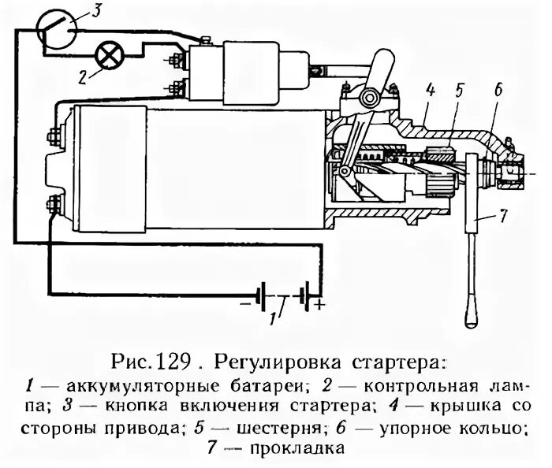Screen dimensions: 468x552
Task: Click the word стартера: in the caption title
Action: [401, 363]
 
